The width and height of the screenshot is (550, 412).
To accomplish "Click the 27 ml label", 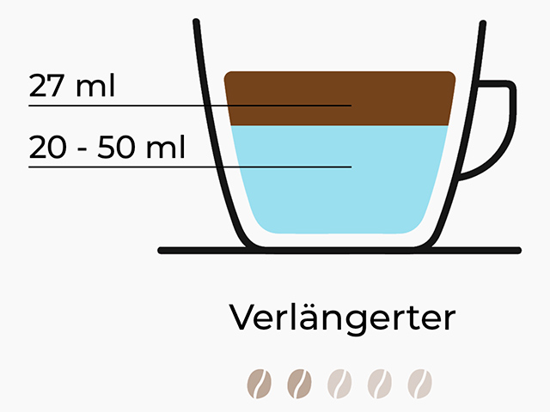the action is click(72, 86).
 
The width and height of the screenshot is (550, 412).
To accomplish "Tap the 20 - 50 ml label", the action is click(107, 147).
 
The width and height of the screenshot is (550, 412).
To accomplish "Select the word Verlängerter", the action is click(342, 318).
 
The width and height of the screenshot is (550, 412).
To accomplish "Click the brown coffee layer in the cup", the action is click(339, 98).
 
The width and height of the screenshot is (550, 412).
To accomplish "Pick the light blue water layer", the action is click(339, 179).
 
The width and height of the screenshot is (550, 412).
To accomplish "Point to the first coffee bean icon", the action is click(260, 384).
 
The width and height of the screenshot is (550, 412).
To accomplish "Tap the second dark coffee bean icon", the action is click(299, 384).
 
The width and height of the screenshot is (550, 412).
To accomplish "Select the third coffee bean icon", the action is click(339, 384).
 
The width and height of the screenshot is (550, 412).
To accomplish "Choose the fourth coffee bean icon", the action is click(380, 384).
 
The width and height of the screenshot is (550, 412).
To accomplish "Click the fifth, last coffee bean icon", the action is click(420, 384).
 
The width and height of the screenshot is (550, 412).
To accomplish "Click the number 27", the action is click(46, 86).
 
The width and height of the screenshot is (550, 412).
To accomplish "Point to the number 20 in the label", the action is click(48, 148).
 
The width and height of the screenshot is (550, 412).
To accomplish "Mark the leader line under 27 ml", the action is click(190, 105).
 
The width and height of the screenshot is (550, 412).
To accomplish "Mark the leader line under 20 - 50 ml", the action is click(190, 167).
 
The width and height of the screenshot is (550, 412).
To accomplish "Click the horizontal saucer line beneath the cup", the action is click(339, 251).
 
